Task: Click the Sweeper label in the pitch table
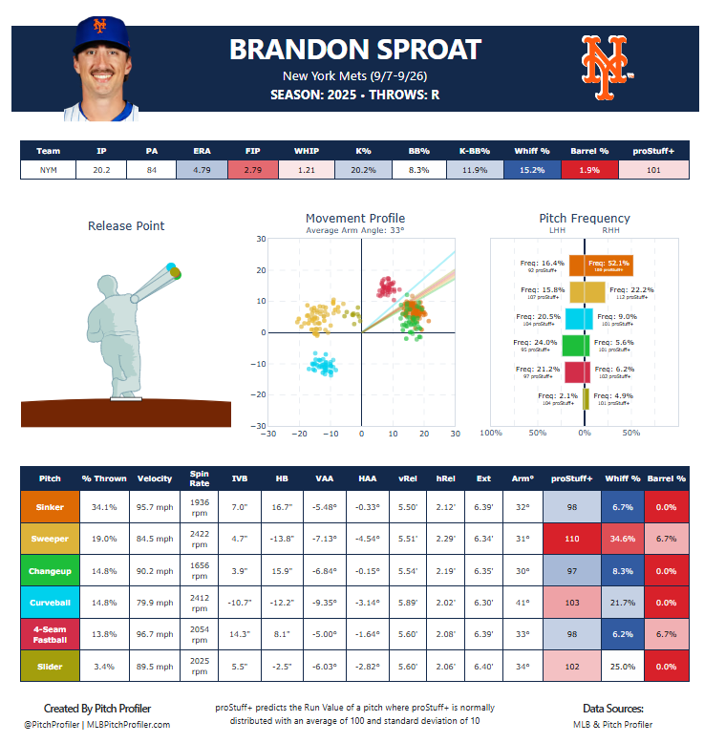[x=50, y=538]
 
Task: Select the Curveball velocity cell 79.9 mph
[x=155, y=601]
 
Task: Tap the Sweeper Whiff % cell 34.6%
[x=623, y=538]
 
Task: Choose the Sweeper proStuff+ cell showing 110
[x=572, y=538]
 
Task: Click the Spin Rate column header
[x=199, y=478]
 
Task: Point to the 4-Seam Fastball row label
[x=50, y=632]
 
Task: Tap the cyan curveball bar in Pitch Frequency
[x=580, y=319]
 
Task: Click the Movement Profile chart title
[x=354, y=219]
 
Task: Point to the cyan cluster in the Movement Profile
[x=322, y=364]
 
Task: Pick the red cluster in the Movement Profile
[x=387, y=286]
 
